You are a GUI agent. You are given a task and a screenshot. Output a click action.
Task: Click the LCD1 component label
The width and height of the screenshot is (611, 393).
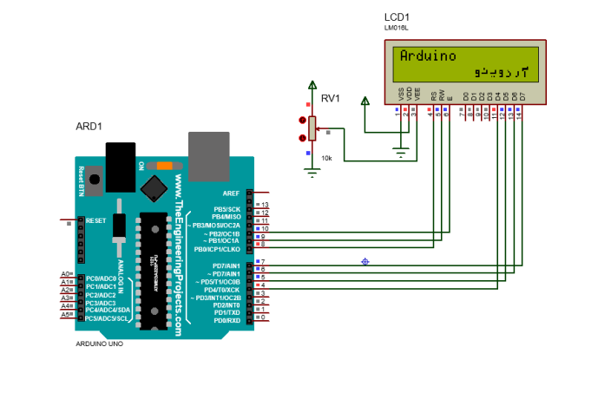tap(397, 16)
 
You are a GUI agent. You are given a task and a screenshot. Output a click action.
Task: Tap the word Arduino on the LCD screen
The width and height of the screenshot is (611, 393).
tap(428, 56)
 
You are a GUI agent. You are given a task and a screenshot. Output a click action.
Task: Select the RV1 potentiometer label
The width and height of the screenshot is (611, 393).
tap(331, 99)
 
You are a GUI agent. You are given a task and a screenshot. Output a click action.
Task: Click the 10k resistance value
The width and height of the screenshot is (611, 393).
tap(326, 159)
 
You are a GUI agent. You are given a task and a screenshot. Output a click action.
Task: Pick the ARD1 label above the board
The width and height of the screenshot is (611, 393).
tap(89, 127)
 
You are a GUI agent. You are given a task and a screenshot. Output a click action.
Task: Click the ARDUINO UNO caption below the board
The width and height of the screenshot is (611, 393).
tap(100, 344)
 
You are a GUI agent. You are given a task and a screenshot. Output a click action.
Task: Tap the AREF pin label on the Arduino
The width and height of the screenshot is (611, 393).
tap(231, 193)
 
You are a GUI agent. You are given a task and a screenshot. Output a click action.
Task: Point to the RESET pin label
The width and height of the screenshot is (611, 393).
tap(95, 220)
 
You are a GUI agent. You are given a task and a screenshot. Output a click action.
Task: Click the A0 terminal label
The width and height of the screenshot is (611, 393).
tap(65, 274)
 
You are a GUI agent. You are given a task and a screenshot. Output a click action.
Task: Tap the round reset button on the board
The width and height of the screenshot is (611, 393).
tap(92, 178)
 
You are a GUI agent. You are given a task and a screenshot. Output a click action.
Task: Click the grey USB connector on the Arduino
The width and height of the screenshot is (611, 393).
tap(208, 147)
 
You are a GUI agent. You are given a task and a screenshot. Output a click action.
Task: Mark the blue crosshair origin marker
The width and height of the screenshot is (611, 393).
tap(365, 261)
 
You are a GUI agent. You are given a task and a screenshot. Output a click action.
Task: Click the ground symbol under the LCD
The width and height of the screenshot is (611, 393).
tap(400, 154)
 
